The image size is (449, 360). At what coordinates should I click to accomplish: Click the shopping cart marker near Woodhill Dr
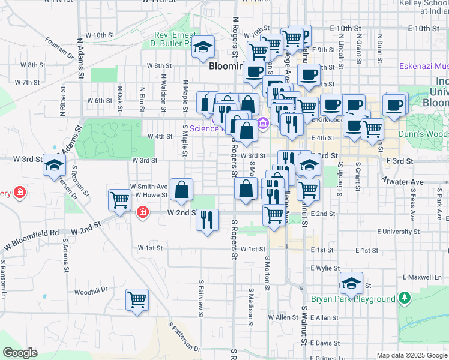point(137,299)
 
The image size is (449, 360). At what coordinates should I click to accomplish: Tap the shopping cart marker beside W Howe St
point(119,200)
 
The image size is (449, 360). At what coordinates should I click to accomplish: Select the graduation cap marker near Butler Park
point(203,47)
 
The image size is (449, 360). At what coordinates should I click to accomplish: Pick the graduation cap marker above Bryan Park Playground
point(351,283)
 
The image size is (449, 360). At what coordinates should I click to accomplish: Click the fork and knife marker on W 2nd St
point(207,219)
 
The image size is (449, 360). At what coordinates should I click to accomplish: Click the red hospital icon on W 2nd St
point(143,212)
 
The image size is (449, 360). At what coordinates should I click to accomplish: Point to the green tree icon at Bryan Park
point(405,298)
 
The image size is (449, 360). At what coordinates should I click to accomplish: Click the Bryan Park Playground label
point(353,299)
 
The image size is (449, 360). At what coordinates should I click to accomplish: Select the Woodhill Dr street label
point(91,289)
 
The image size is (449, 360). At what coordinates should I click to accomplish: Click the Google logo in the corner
point(20,353)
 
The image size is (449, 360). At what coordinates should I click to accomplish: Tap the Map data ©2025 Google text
point(411,355)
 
